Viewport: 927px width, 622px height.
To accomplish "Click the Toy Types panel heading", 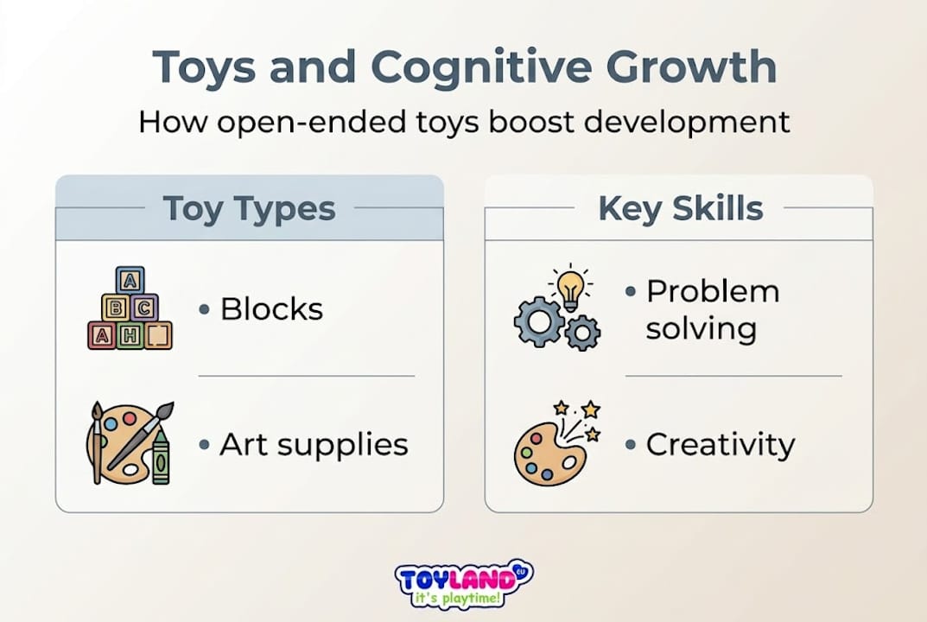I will [x=249, y=208].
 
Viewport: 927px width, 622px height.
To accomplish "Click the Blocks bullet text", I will [x=271, y=308].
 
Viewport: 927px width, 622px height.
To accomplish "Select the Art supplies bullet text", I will [x=313, y=445].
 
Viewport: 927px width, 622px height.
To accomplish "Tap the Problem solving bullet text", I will [x=712, y=309].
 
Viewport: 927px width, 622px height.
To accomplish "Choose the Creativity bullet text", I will [x=720, y=445].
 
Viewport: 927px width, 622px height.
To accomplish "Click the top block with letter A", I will [x=130, y=280].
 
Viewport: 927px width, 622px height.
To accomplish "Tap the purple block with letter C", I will [x=144, y=307].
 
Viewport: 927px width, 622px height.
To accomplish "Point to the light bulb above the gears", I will [x=570, y=286].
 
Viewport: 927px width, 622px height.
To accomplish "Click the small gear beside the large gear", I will [x=583, y=332].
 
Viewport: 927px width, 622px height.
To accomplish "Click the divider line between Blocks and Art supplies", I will [x=307, y=376].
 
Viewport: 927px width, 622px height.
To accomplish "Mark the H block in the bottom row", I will [x=130, y=335].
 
